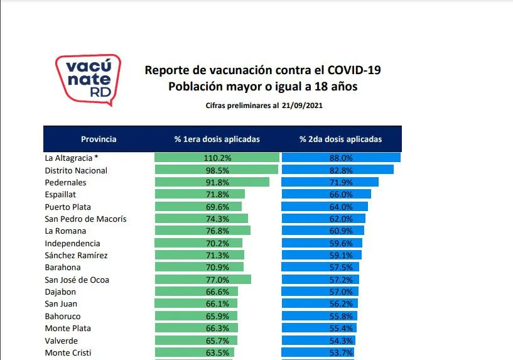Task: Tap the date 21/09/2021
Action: click(303, 106)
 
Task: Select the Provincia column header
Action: click(99, 139)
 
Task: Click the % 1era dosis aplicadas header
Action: click(217, 139)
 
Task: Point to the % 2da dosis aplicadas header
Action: click(340, 139)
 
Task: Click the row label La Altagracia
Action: click(72, 158)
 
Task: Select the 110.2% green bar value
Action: click(217, 158)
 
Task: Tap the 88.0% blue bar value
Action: click(342, 158)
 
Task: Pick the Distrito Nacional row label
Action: click(76, 170)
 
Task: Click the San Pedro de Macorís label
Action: click(85, 219)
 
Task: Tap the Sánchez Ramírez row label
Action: click(76, 255)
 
